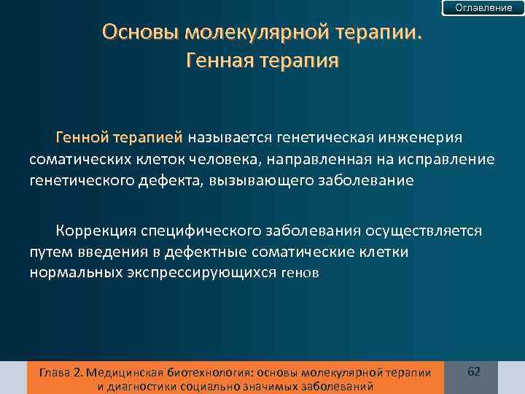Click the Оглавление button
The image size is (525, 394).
pyautogui.click(x=483, y=7)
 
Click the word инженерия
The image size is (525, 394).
pyautogui.click(x=429, y=138)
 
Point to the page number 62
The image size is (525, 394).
pyautogui.click(x=473, y=372)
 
